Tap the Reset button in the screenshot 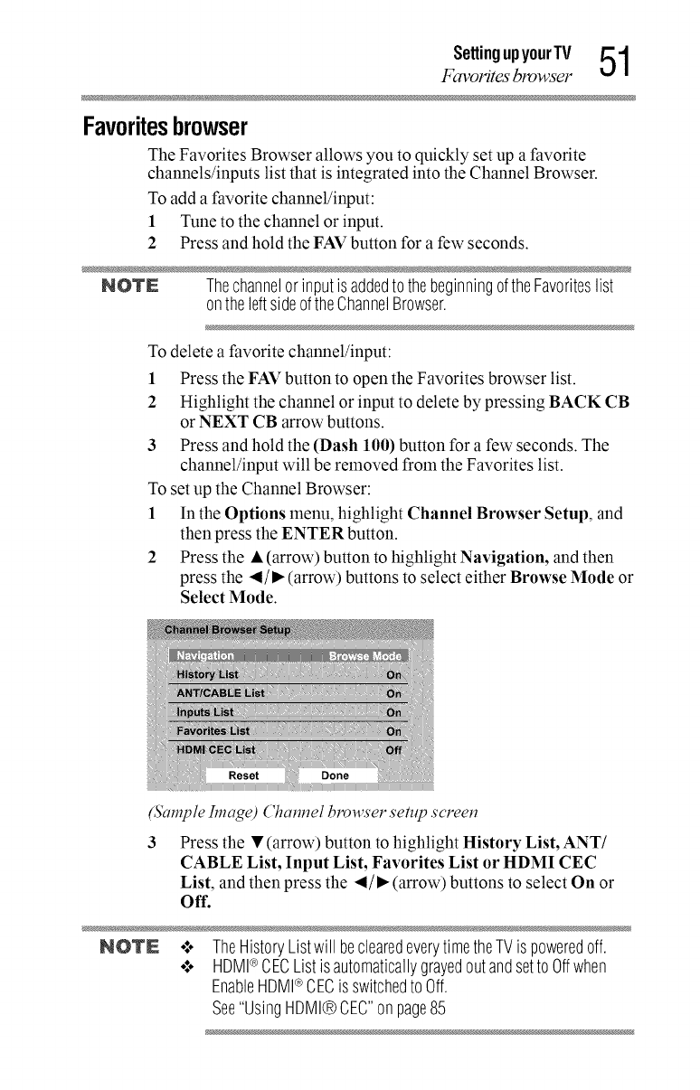244,775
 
